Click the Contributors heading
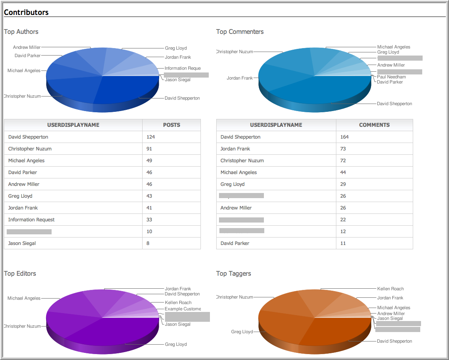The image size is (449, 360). [x=26, y=12]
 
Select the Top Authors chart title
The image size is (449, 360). [x=21, y=32]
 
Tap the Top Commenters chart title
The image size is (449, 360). [x=240, y=32]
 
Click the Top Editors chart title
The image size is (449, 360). [x=20, y=273]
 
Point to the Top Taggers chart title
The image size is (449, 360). [x=234, y=273]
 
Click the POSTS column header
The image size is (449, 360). [x=171, y=125]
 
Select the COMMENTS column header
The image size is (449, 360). [x=374, y=125]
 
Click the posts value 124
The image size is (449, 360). [x=150, y=137]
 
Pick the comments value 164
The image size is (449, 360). [x=345, y=137]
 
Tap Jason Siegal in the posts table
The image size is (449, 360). [x=22, y=243]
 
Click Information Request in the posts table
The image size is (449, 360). [x=32, y=219]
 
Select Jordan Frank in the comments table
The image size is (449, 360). [x=235, y=148]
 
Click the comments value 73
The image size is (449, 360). [x=343, y=148]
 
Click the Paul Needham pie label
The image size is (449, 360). [x=391, y=77]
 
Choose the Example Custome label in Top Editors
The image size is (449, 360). [x=183, y=309]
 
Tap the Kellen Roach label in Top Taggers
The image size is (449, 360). [x=390, y=289]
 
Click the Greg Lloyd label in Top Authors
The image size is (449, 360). [x=176, y=48]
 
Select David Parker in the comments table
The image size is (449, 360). [x=235, y=243]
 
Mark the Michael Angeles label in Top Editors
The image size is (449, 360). [x=24, y=298]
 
